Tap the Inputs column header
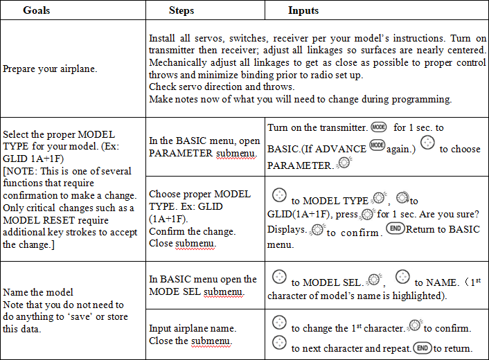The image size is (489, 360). click(x=303, y=11)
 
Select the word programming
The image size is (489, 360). click(x=426, y=99)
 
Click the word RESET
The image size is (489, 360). click(x=63, y=220)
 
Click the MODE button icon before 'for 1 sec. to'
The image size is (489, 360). click(x=378, y=127)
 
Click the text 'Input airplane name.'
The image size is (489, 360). click(x=193, y=327)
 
